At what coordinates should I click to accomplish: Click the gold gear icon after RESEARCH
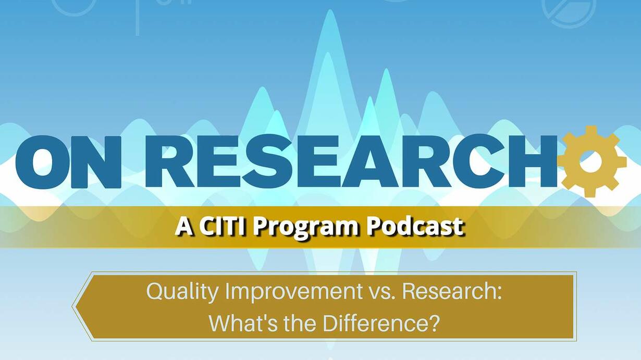(x=590, y=162)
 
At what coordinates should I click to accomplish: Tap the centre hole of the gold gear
(x=591, y=162)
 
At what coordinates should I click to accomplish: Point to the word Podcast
(x=415, y=226)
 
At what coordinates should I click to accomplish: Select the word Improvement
(x=294, y=293)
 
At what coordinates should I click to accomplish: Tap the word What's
(x=243, y=323)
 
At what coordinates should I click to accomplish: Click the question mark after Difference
(x=433, y=323)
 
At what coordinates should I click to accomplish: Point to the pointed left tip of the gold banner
(x=72, y=306)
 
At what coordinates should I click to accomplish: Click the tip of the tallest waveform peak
(x=330, y=10)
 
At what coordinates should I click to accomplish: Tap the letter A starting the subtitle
(x=183, y=227)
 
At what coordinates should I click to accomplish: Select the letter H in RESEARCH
(x=530, y=162)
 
